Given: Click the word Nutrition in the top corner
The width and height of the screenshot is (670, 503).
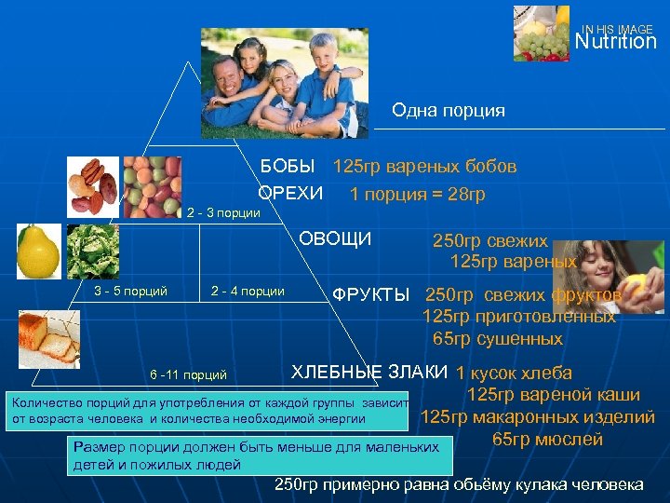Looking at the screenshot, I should click(x=615, y=42).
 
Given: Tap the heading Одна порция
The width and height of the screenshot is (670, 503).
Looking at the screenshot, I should click(x=449, y=111).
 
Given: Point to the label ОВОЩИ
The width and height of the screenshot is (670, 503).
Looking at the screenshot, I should click(x=335, y=239).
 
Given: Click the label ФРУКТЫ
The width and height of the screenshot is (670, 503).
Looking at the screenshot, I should click(x=370, y=295).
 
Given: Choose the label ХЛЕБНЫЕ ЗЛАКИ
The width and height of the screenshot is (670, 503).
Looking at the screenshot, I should click(x=370, y=372).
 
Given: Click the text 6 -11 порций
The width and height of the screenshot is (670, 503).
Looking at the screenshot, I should click(x=188, y=375).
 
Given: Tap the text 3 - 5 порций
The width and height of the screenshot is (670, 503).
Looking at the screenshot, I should click(x=131, y=291).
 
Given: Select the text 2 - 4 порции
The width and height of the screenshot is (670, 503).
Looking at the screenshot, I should click(x=248, y=291).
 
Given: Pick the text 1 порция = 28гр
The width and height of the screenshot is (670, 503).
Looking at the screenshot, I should click(x=417, y=194).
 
